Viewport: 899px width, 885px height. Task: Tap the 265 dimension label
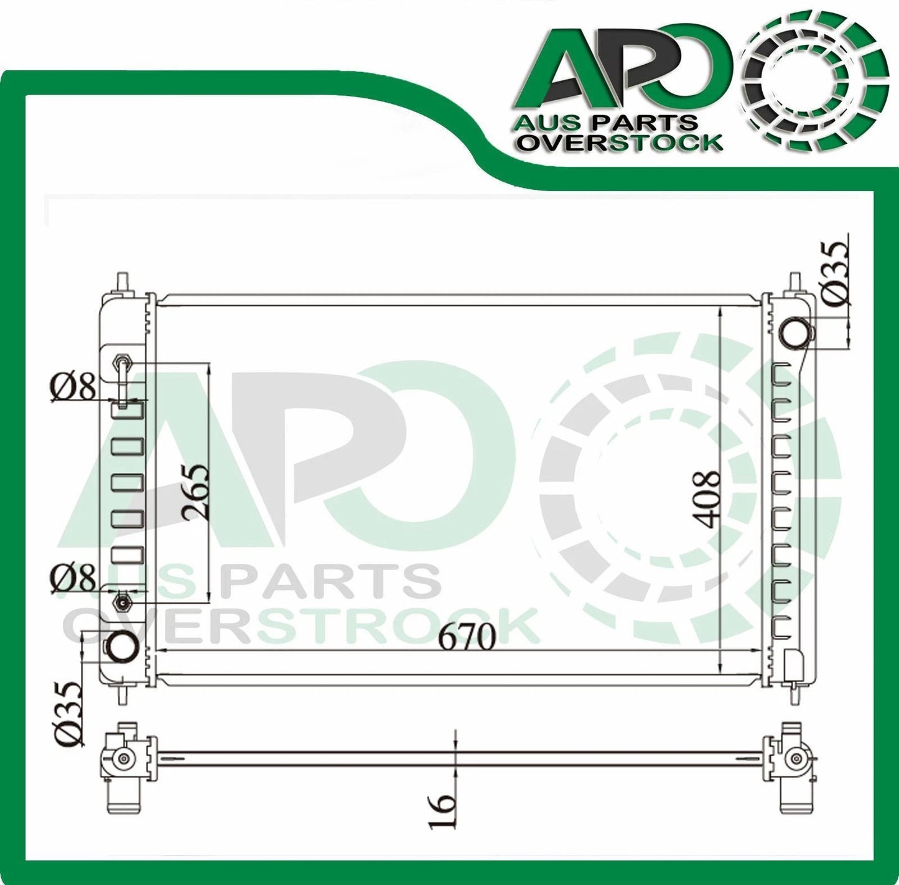click(193, 492)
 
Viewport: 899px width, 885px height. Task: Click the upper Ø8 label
click(74, 389)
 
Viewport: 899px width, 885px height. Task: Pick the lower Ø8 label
click(74, 578)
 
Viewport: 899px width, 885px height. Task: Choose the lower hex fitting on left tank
click(122, 602)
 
